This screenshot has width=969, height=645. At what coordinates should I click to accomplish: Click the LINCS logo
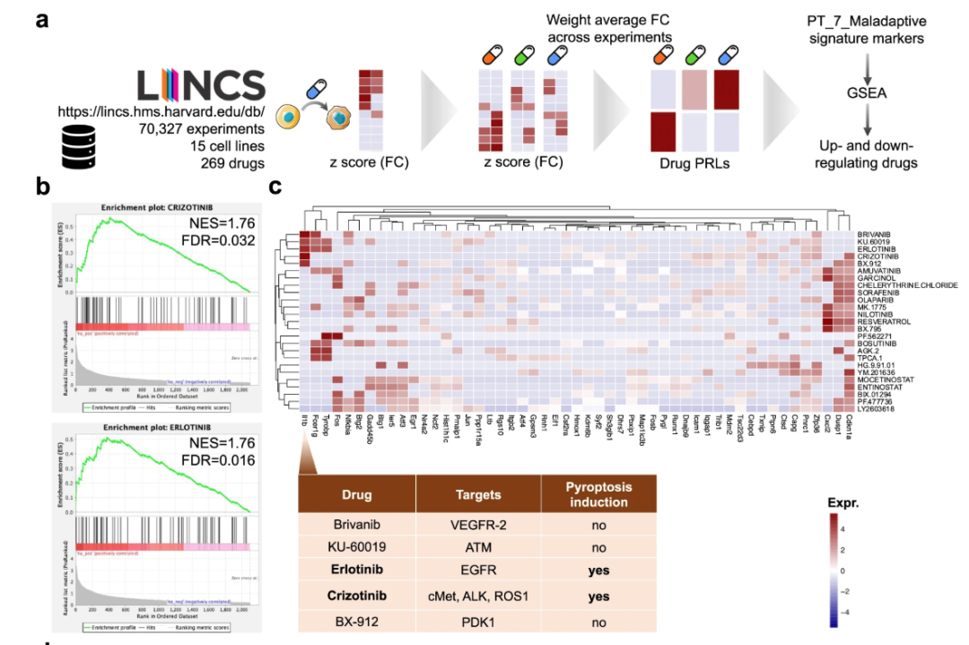pyautogui.click(x=201, y=85)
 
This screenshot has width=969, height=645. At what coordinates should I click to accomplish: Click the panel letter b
pyautogui.click(x=41, y=187)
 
